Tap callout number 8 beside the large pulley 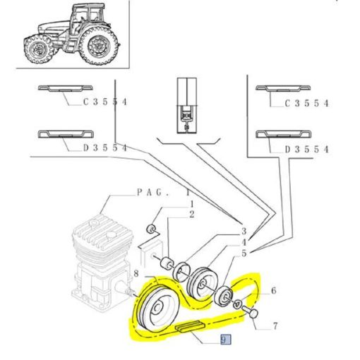pos(136,274)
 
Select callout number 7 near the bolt pos(275,326)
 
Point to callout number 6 pos(273,291)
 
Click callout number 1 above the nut pos(192,204)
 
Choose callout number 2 pos(192,215)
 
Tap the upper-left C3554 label pos(105,102)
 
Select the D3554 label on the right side pos(306,149)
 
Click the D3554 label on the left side pos(105,148)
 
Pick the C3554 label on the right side pos(306,103)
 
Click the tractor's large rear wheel pos(98,45)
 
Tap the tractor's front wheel pos(38,49)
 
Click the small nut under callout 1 pos(150,229)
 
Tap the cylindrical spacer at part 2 pos(167,264)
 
